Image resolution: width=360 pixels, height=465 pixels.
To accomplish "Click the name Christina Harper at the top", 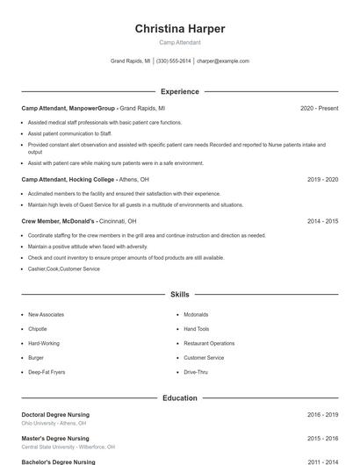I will (x=180, y=29).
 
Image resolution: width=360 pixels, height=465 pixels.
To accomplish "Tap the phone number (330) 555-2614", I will (x=174, y=61).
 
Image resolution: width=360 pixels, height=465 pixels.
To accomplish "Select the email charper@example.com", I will (x=223, y=61).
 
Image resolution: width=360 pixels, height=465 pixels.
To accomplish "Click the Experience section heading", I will (x=180, y=91).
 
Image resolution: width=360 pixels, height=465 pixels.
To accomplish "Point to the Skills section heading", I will (x=180, y=295).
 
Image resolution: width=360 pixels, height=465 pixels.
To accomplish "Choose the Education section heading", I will (x=180, y=398).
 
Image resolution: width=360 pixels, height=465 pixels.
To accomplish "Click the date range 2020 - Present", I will (x=319, y=108).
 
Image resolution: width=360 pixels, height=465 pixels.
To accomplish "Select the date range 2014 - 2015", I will (x=322, y=221).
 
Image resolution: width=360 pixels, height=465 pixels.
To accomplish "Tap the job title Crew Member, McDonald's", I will (x=58, y=221).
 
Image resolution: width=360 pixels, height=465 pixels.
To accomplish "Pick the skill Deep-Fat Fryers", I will (x=47, y=372).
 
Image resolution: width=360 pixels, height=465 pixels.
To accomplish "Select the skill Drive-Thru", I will (x=196, y=372).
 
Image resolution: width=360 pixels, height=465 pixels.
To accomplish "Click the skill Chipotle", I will (x=37, y=329).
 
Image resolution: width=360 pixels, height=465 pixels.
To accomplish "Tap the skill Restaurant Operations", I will (x=209, y=343).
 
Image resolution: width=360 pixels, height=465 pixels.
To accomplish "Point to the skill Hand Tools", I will (x=197, y=329).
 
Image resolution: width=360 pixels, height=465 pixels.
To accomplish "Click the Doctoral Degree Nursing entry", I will (x=55, y=414).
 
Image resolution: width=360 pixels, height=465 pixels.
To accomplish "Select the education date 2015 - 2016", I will (x=322, y=438).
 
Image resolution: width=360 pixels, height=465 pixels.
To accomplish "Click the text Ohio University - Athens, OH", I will (x=55, y=422).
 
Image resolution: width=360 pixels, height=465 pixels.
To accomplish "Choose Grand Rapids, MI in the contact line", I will (x=130, y=61).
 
